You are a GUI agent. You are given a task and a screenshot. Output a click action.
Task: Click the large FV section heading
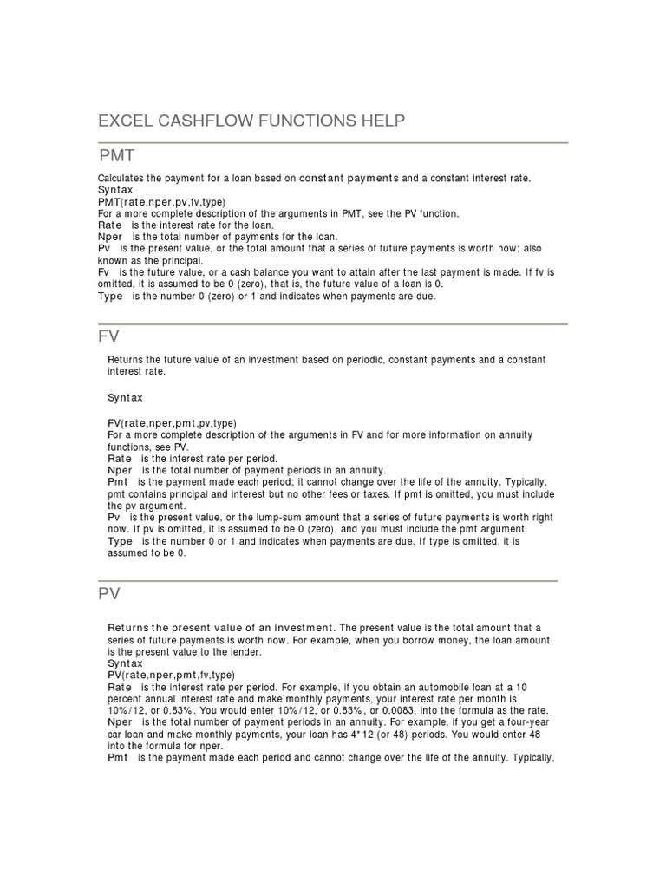click(x=109, y=336)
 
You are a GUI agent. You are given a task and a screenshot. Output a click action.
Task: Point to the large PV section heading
click(x=109, y=594)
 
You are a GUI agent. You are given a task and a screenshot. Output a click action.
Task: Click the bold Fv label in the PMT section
click(x=103, y=272)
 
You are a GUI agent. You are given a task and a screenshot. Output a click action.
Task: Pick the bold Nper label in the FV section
click(x=120, y=470)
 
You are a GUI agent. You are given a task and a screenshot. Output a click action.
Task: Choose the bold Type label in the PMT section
click(x=110, y=296)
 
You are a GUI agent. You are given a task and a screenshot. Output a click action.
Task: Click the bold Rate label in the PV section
click(x=120, y=686)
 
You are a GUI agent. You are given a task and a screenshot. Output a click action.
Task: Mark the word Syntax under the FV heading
click(x=125, y=397)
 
